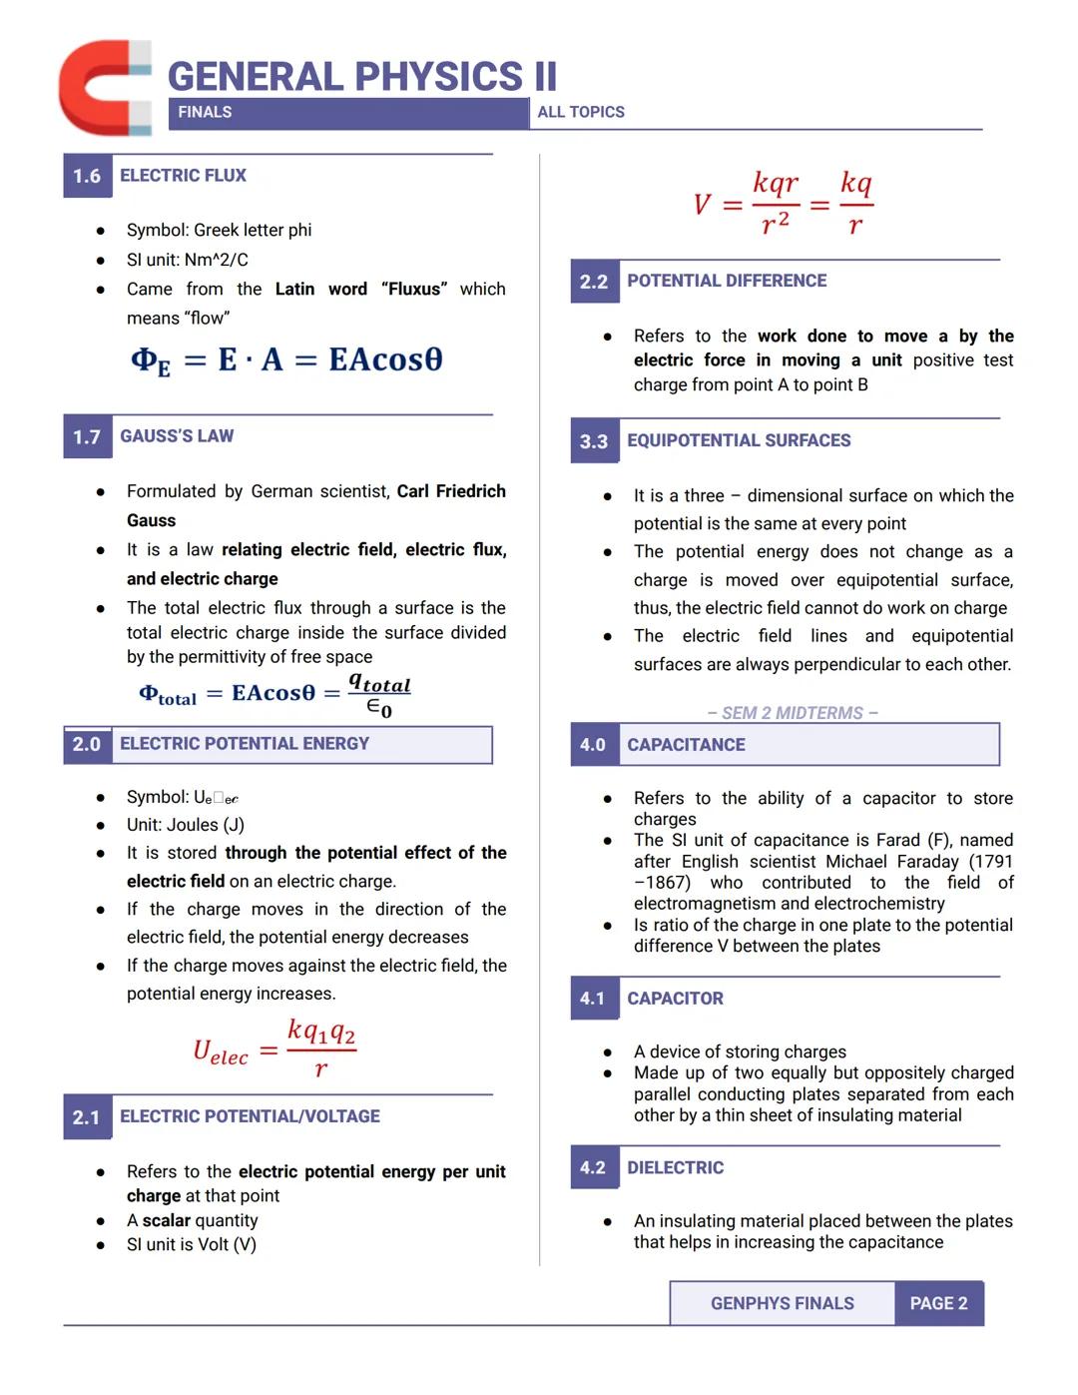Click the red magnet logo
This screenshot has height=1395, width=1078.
[x=104, y=88]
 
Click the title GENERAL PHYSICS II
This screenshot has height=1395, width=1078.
[x=361, y=77]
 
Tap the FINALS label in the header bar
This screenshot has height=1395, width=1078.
[x=205, y=113]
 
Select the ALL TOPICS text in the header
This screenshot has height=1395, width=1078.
[x=581, y=113]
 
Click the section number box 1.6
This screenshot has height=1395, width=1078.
[x=87, y=176]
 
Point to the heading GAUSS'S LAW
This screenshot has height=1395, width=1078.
[x=177, y=436]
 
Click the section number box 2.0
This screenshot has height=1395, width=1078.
[x=87, y=744]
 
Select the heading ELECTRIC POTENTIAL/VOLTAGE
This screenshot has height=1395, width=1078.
[x=250, y=1116]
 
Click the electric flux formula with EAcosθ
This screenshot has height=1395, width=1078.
[x=286, y=359]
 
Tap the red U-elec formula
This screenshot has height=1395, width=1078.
[x=273, y=1048]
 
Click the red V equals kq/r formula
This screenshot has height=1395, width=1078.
[x=784, y=204]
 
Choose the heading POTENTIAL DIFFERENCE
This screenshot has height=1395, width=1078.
[x=727, y=281]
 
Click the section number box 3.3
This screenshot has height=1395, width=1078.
[x=594, y=441]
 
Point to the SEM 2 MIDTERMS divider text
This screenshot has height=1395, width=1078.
[x=793, y=713]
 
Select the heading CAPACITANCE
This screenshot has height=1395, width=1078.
[x=686, y=745]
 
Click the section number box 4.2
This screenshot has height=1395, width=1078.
[x=593, y=1168]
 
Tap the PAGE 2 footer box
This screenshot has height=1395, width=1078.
[x=938, y=1303]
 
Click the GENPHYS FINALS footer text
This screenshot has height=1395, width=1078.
[x=783, y=1303]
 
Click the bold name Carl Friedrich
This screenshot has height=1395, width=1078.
[x=451, y=491]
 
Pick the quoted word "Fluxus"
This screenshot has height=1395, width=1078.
[x=414, y=289]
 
